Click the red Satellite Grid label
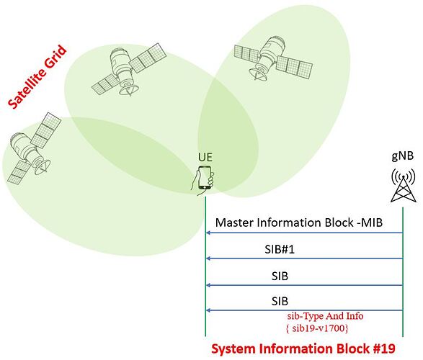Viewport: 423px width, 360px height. [37, 77]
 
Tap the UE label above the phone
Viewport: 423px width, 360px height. [205, 158]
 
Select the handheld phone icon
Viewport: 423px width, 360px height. [203, 180]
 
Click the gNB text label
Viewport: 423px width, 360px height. [403, 156]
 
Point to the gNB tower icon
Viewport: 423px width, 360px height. [404, 185]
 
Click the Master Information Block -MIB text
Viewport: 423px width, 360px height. [299, 222]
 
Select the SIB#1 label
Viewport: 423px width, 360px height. [280, 249]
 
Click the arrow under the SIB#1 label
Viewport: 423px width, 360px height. [304, 258]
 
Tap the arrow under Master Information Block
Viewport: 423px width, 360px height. [304, 233]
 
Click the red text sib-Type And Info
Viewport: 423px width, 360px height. [325, 316]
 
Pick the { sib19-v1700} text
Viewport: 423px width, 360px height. [317, 328]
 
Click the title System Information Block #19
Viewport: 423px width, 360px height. [303, 348]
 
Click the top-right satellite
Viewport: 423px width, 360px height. [272, 58]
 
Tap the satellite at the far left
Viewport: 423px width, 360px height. [32, 148]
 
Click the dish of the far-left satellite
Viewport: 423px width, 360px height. [43, 166]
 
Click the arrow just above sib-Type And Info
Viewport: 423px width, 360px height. [304, 310]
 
